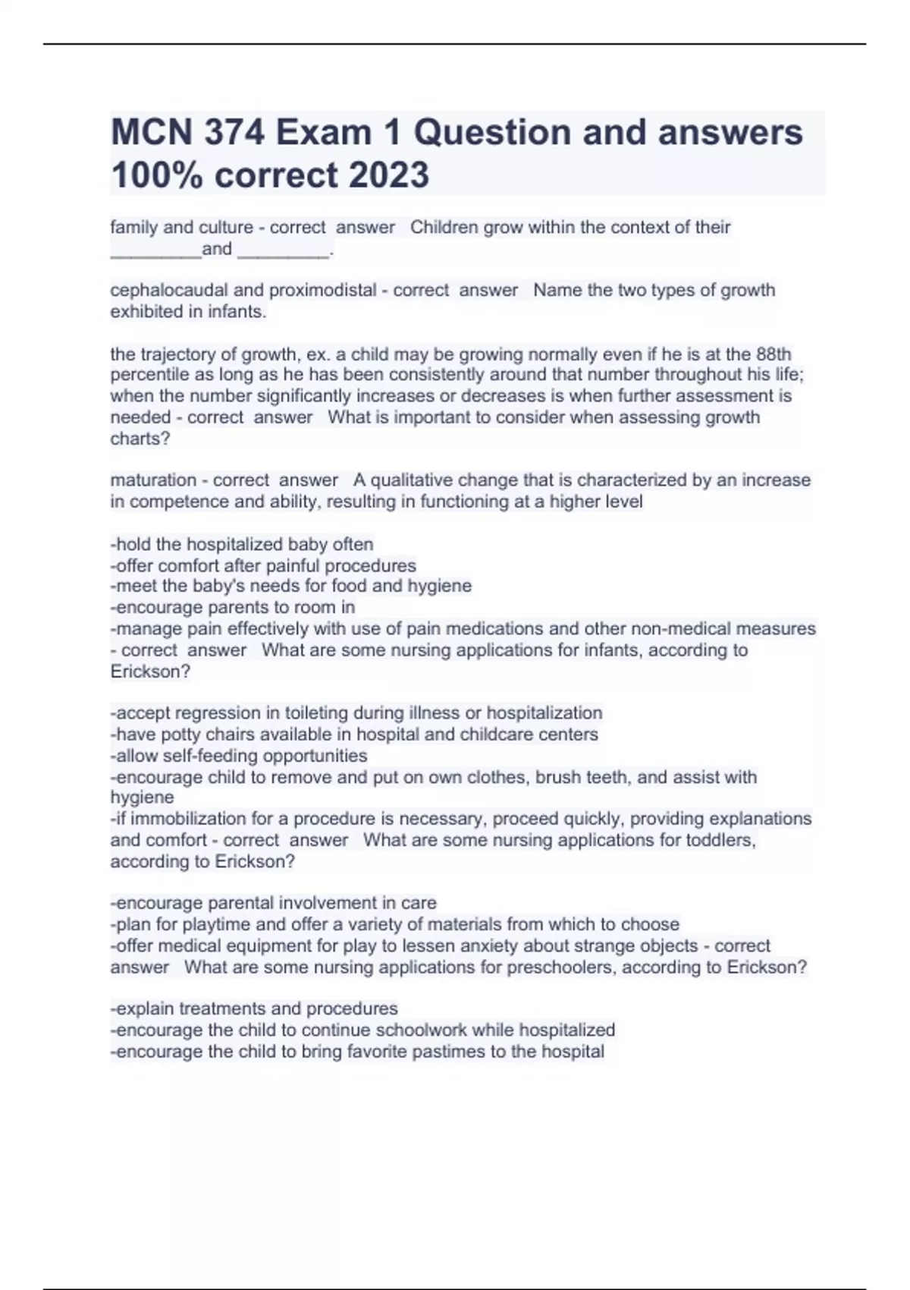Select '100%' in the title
tap(157, 175)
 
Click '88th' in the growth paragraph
tap(773, 354)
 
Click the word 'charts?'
tap(140, 439)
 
